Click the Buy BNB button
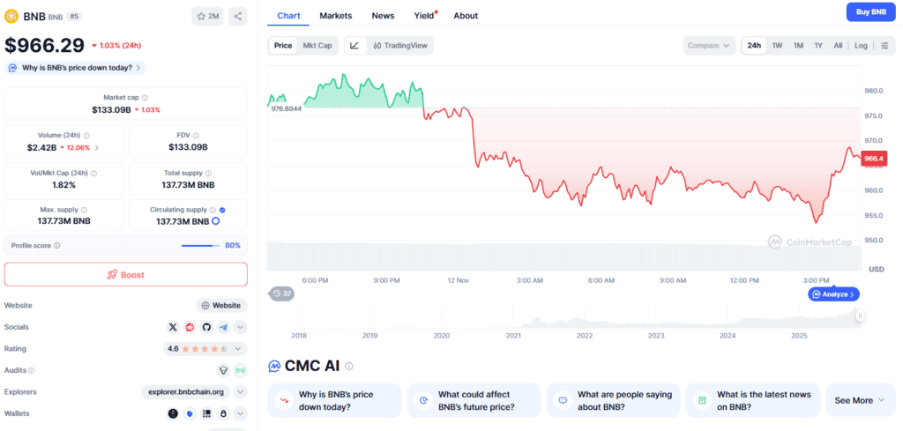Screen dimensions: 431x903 pos(871,11)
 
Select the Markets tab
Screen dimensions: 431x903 pos(335,16)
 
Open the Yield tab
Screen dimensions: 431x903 pos(424,16)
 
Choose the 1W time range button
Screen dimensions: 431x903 pos(777,46)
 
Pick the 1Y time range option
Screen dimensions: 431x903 pos(818,46)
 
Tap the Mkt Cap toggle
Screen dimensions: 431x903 pos(317,46)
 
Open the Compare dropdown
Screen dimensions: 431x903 pos(709,46)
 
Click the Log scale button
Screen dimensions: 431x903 pos(861,46)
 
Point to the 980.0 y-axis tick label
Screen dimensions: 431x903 pos(875,91)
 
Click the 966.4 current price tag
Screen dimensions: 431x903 pos(874,159)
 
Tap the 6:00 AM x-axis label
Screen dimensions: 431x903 pos(601,280)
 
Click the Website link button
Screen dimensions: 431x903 pos(221,305)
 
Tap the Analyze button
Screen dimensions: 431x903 pos(833,294)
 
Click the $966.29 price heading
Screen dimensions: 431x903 pos(44,45)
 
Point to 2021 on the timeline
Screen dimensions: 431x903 pos(513,336)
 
